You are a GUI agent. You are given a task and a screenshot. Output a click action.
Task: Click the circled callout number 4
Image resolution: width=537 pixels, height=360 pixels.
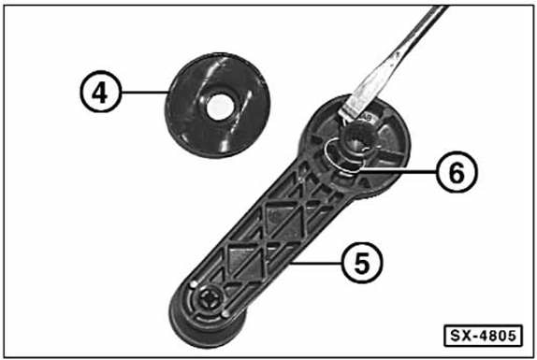(x=101, y=92)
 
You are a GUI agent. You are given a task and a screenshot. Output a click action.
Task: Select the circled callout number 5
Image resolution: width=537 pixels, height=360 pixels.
(x=362, y=263)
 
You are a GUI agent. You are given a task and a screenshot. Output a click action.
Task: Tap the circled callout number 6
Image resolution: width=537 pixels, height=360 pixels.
(x=457, y=172)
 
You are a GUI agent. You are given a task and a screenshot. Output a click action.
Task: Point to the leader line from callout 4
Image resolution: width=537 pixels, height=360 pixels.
(x=145, y=92)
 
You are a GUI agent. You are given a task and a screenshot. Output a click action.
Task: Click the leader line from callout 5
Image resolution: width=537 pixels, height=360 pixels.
(x=315, y=263)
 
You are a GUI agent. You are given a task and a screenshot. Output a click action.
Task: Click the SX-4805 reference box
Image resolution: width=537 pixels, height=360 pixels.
(x=483, y=336)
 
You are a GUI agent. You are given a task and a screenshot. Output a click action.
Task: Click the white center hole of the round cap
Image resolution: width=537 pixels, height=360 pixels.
(x=220, y=108)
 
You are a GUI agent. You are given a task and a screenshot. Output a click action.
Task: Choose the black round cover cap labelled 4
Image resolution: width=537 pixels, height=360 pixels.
(x=218, y=105)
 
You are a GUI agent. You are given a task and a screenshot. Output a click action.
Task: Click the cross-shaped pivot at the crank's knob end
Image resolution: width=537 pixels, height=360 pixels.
(x=210, y=298)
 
